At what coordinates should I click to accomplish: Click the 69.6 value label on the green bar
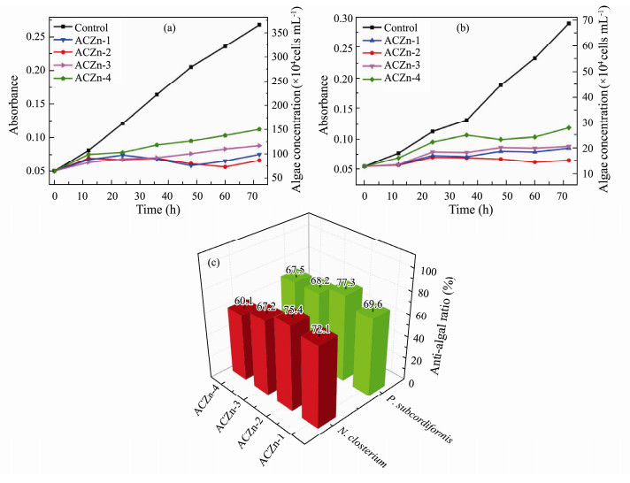pyautogui.click(x=373, y=304)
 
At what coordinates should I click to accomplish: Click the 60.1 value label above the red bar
pyautogui.click(x=244, y=302)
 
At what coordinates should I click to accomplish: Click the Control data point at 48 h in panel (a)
pyautogui.click(x=190, y=66)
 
